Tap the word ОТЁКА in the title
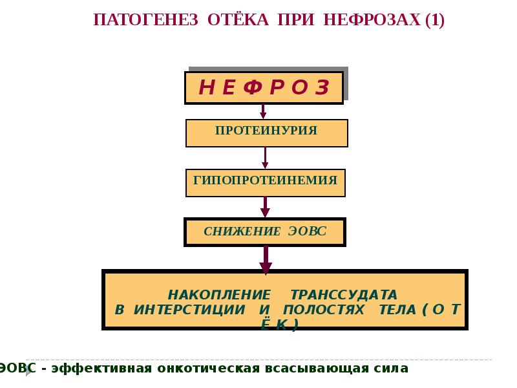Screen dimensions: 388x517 click(238, 19)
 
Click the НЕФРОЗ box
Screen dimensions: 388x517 click(264, 88)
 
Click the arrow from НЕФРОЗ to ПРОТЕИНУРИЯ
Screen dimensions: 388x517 click(264, 111)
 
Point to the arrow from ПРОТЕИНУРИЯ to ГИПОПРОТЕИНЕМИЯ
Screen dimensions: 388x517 click(265, 158)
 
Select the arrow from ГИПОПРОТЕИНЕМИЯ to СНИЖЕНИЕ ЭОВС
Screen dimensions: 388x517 click(265, 207)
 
